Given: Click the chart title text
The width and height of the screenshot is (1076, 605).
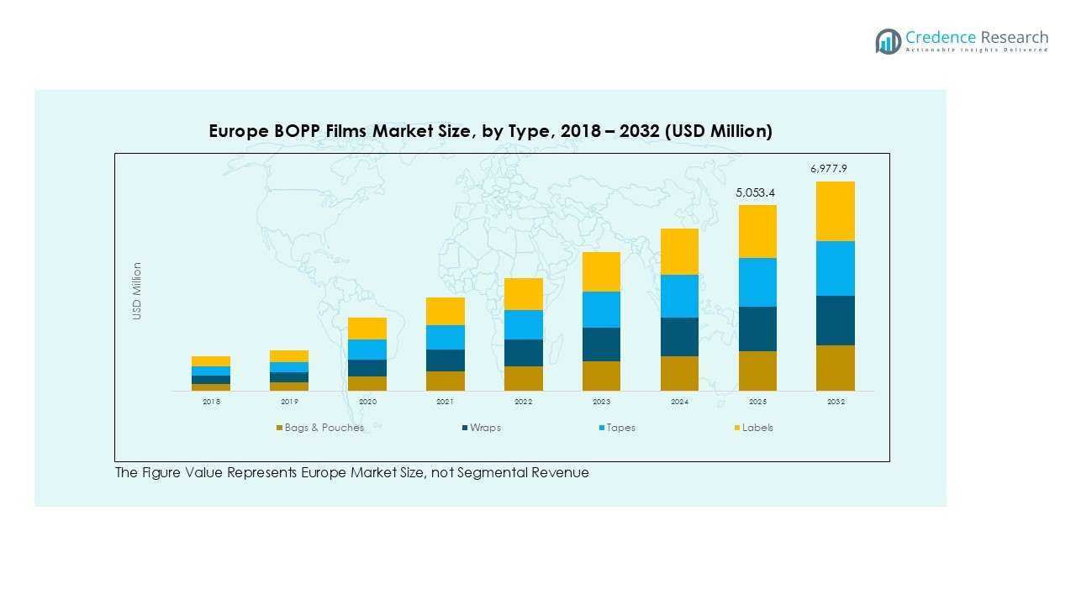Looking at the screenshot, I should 490,131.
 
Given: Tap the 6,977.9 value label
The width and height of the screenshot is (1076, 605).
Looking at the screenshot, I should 828,169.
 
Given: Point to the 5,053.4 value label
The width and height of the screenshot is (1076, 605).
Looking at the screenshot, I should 757,193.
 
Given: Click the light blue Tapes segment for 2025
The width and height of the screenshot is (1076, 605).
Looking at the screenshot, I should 757,282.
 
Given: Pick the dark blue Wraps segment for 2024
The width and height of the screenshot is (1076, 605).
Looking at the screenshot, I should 679,337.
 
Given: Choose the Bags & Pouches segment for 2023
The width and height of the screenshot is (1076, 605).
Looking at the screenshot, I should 601,376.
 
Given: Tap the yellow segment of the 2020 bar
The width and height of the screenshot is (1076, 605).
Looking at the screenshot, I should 367,329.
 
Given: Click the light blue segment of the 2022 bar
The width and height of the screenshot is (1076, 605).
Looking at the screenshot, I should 523,324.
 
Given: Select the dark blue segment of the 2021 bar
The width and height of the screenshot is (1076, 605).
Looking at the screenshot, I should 446,360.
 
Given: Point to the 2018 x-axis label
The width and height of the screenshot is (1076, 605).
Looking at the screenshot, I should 211,402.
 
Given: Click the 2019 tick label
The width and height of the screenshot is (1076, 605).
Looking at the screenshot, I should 289,402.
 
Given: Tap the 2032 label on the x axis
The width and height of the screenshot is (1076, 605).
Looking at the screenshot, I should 835,402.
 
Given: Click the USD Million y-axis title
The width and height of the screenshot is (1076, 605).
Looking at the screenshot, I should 136,291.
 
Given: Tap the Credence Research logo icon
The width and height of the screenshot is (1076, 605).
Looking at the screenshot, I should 888,41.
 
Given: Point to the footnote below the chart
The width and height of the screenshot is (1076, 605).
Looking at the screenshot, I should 351,473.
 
